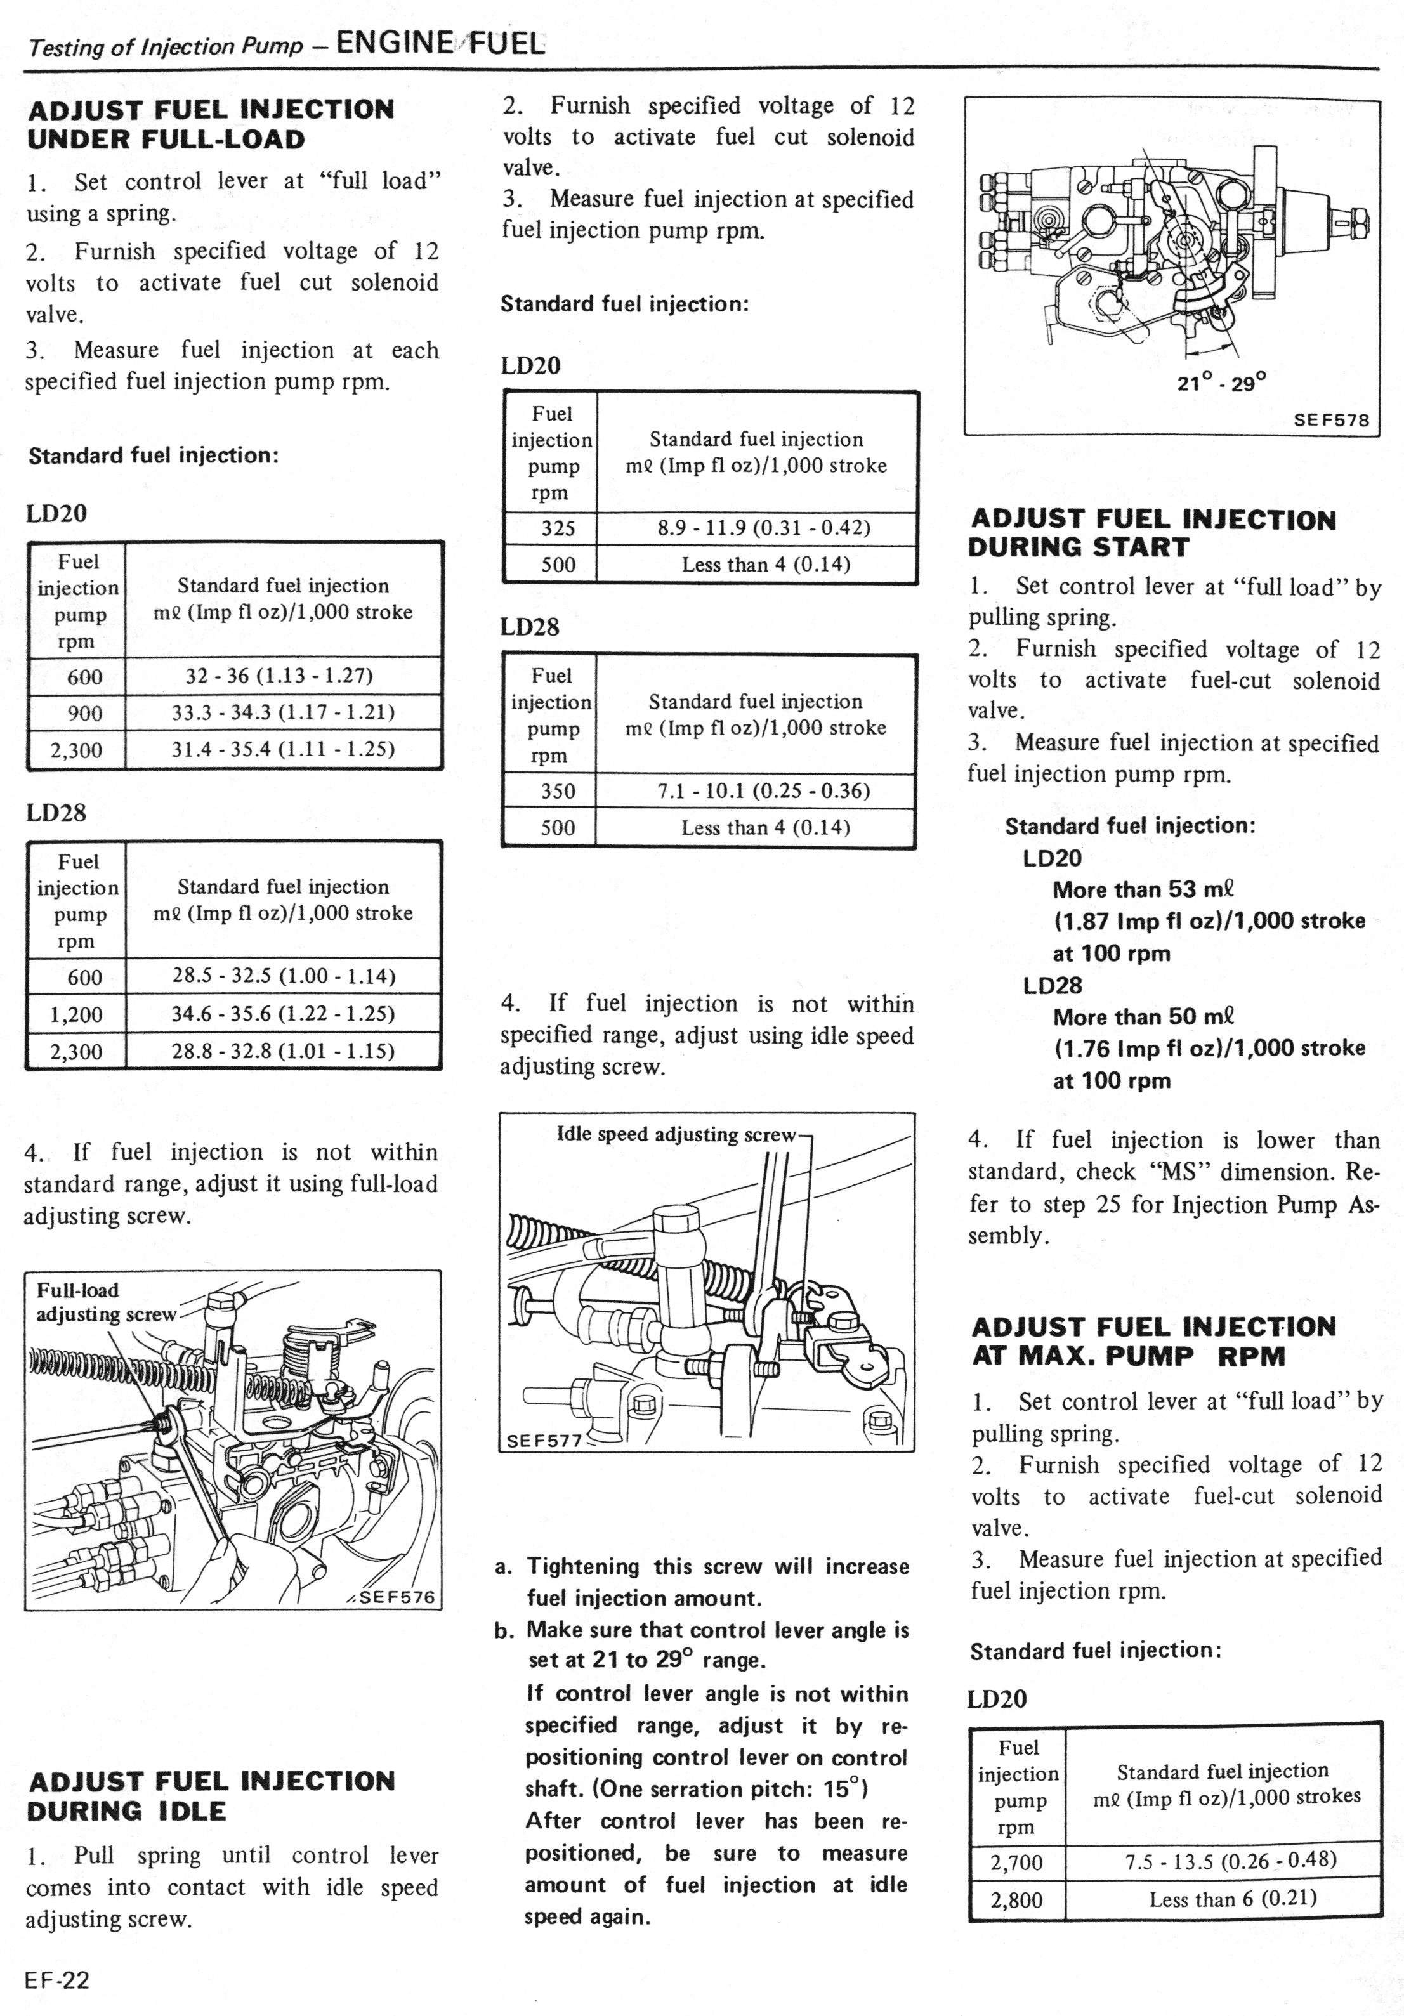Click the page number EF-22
[57, 1980]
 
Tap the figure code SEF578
[1331, 420]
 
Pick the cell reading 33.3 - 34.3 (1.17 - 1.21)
[283, 712]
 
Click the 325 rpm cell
[558, 528]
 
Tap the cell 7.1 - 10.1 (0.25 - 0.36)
[763, 791]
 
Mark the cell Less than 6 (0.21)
[1233, 1899]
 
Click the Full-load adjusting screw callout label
[105, 1303]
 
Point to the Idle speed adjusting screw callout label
[676, 1134]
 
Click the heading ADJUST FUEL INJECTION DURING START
[1153, 533]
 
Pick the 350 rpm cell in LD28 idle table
[558, 791]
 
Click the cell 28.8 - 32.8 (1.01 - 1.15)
[283, 1051]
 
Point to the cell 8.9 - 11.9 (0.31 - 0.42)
[763, 528]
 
